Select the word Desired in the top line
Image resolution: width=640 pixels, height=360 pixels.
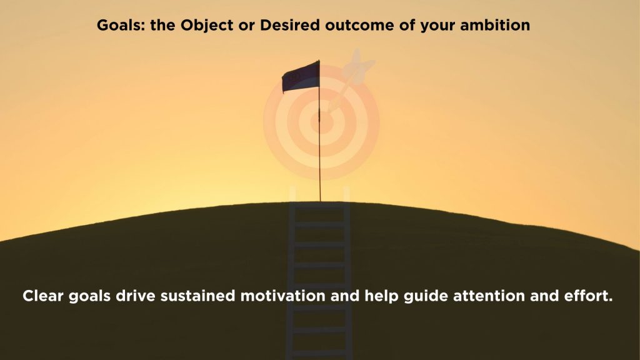click(290, 25)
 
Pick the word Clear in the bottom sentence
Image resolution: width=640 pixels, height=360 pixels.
click(43, 296)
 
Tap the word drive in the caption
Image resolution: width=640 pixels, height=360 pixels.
click(136, 296)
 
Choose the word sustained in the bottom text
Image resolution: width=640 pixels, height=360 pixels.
click(197, 296)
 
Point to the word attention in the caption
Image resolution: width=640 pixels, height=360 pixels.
click(489, 296)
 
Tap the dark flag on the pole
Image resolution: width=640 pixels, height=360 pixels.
click(301, 77)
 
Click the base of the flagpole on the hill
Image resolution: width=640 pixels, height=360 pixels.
click(320, 201)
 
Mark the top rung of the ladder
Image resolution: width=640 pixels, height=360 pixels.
click(319, 204)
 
